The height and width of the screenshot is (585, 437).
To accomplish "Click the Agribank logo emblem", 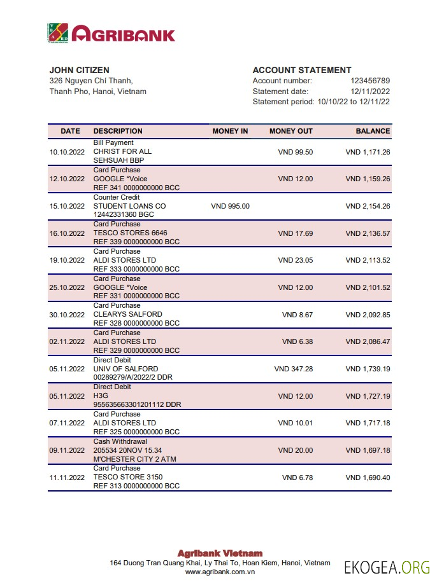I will coord(59,33).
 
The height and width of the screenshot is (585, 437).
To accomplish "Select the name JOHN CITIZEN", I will coord(79,70).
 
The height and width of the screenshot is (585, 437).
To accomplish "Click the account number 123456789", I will coord(370,81).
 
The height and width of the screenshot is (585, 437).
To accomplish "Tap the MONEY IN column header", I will coord(230,131).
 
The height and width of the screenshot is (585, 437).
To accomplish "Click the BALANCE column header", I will coord(373,131).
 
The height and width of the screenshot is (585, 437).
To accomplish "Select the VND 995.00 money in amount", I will coord(230,206).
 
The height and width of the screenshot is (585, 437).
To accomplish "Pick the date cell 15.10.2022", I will coord(67,206).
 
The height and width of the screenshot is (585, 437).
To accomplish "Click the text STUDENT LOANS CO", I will coord(129,206).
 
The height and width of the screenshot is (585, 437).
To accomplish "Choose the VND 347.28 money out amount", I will coord(293,369).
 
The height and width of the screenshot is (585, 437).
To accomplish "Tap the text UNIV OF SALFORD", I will coord(125,369).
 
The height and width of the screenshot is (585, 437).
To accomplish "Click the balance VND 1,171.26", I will coord(368,152).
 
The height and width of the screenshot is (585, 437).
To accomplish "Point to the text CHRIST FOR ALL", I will coord(122,152).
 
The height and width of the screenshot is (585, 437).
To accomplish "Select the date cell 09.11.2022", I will coord(67,450).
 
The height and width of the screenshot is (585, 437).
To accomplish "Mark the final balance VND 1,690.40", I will coord(368,478).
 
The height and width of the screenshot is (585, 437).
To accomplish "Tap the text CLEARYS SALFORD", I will coord(127,314).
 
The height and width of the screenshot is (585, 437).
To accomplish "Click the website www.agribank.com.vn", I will coord(219,572).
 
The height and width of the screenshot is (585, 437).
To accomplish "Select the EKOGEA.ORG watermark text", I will coord(387,567).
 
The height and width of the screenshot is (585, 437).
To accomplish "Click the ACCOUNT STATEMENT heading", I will coord(302,70).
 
